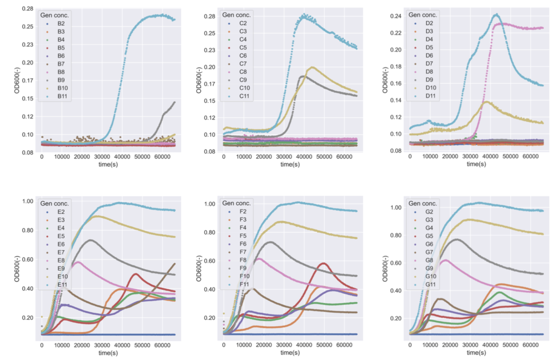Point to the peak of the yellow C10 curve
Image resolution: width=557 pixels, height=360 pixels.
(312, 67)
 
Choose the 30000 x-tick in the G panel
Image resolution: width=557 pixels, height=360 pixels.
(471, 345)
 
